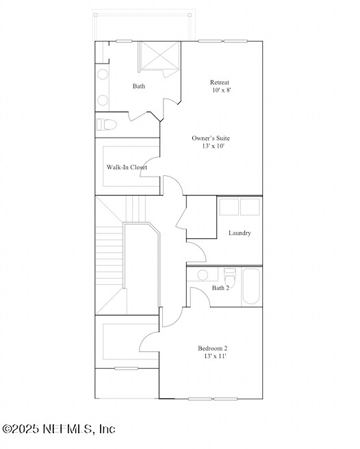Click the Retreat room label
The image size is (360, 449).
(x=220, y=83)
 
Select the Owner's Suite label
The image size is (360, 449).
(x=211, y=138)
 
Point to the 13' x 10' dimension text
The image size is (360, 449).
(x=213, y=146)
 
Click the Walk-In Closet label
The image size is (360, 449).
(x=127, y=167)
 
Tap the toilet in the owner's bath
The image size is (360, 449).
(x=105, y=125)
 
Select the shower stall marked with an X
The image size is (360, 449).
(x=159, y=56)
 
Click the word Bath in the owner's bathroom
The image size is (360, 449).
(x=139, y=86)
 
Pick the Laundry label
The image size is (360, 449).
(x=240, y=233)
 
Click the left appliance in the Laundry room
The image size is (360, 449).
(x=229, y=207)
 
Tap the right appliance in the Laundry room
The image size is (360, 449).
(x=250, y=207)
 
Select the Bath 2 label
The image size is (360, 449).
(x=220, y=288)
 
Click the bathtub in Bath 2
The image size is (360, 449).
(x=251, y=286)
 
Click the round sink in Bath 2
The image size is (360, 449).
(x=203, y=275)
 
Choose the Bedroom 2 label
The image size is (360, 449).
(x=213, y=348)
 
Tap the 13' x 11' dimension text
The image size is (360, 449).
(x=215, y=356)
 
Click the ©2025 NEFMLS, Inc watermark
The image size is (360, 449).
(x=59, y=429)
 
